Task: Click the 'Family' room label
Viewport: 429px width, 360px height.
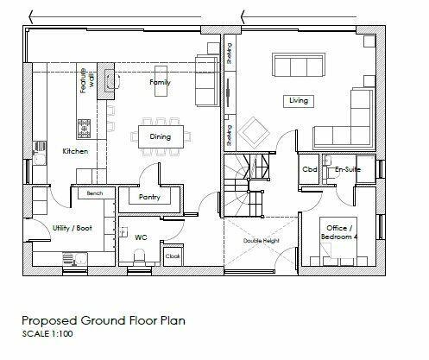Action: (160, 83)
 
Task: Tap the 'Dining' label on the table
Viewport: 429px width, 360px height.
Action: (159, 136)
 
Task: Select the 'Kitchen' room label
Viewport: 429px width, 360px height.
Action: (76, 151)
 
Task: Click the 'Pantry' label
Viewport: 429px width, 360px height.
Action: (151, 197)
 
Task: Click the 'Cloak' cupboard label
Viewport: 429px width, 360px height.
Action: (172, 256)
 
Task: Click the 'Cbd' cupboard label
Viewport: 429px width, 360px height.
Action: (309, 170)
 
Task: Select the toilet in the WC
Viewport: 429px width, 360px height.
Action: (140, 252)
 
